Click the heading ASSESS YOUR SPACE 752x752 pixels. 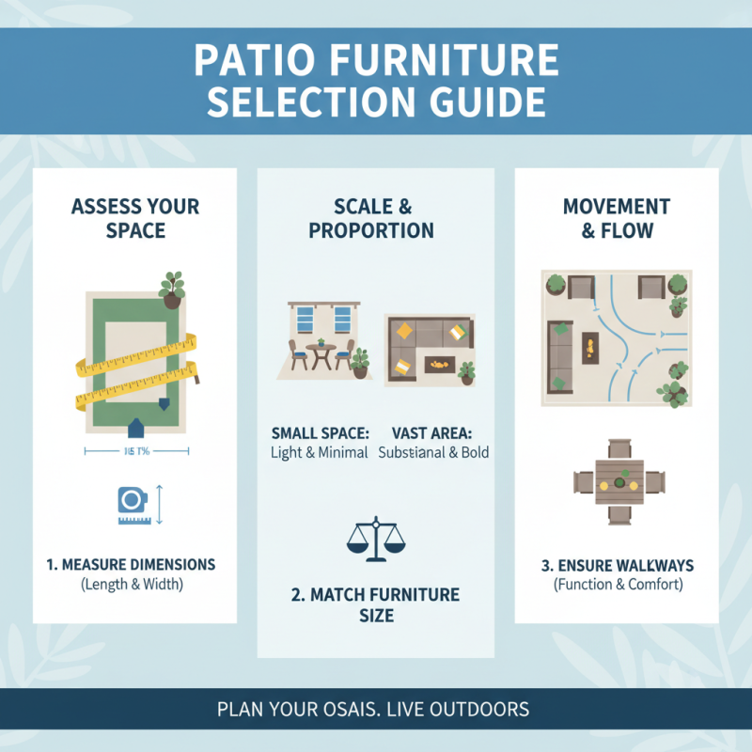[x=134, y=217]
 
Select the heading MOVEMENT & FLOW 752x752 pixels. [x=616, y=217]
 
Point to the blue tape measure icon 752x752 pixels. [x=132, y=505]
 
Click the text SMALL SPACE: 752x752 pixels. [x=320, y=433]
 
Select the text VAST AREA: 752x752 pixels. [x=433, y=433]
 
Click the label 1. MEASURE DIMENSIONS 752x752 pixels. [x=131, y=565]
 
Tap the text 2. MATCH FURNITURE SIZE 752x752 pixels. [x=375, y=604]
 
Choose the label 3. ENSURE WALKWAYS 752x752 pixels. [x=617, y=565]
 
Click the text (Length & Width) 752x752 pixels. [x=131, y=585]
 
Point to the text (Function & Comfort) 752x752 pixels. [x=617, y=585]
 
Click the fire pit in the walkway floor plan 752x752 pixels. [x=589, y=347]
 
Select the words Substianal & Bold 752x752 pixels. [x=433, y=452]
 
